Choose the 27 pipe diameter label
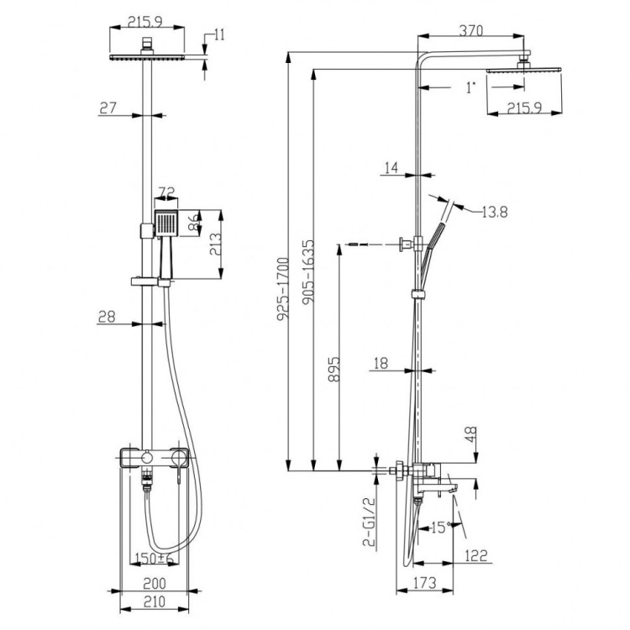point(106,108)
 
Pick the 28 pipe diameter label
point(106,318)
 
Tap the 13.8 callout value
point(494,211)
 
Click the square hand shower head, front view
point(166,225)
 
